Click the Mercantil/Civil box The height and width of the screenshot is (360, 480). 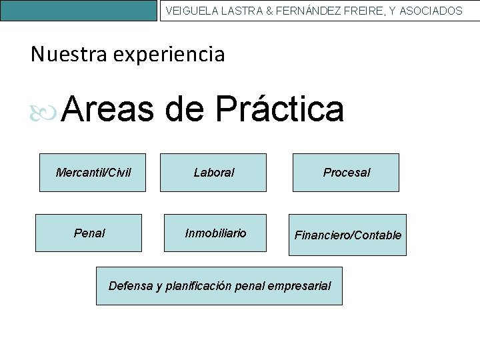[x=93, y=173]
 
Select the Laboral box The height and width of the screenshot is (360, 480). [x=214, y=173]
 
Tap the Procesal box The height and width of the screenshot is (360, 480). [x=346, y=173]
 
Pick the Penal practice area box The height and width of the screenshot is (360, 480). [x=89, y=233]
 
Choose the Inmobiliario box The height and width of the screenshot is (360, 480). [x=215, y=233]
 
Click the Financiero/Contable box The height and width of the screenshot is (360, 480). [x=347, y=235]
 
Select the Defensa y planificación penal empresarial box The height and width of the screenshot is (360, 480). [x=219, y=286]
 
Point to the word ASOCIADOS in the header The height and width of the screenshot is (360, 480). [x=431, y=11]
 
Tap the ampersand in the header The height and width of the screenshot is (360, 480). [x=269, y=11]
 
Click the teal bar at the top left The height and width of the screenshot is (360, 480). [x=79, y=10]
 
